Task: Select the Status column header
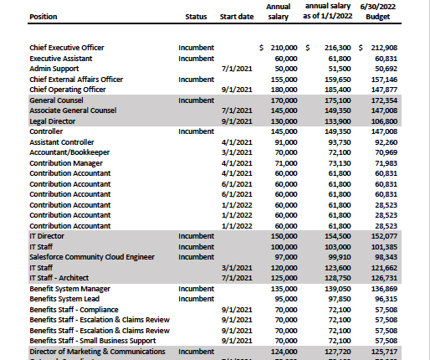pos(196,16)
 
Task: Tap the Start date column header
pos(238,16)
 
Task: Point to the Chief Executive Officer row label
pos(67,48)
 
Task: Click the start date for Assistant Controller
pos(239,141)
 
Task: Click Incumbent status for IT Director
pos(197,236)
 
